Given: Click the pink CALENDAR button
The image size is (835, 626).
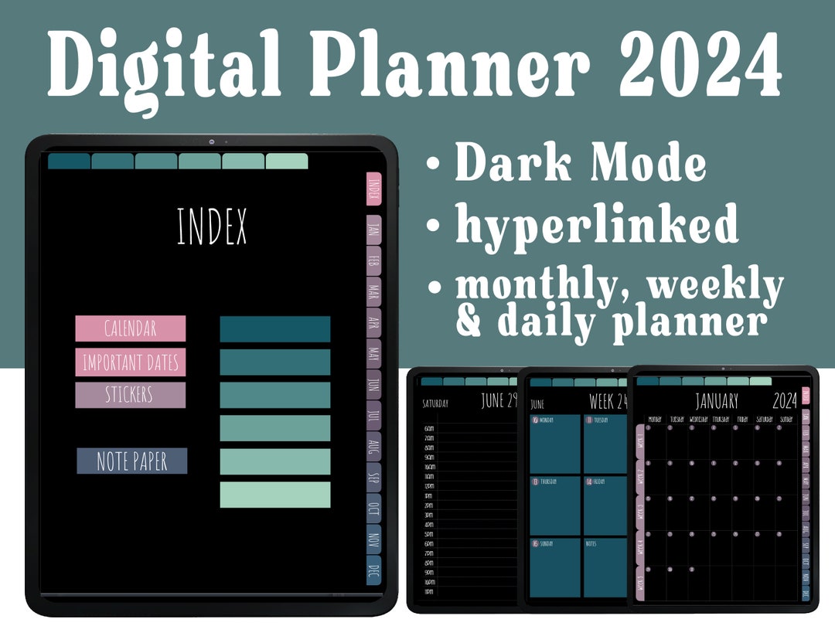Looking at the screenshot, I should [x=130, y=328].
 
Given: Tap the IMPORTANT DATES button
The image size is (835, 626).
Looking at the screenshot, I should [x=130, y=362].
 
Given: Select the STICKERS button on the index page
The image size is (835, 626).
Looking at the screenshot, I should [x=130, y=395].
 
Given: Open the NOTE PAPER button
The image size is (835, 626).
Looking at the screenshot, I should [x=131, y=461].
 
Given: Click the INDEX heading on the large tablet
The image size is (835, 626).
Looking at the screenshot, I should [x=212, y=226].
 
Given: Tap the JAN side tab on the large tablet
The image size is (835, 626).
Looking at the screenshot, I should [x=373, y=229].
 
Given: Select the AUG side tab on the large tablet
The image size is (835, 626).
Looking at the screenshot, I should [x=373, y=447].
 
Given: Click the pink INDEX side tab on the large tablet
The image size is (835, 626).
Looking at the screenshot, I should [x=373, y=189].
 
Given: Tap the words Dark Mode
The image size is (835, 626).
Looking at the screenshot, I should [x=580, y=164].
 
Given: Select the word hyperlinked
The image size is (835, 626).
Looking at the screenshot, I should [x=596, y=225].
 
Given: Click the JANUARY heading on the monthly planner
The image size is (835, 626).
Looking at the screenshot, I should [x=716, y=401].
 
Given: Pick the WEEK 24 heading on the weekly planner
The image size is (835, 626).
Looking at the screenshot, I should [x=608, y=402].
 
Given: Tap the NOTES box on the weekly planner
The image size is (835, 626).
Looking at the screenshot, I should [x=605, y=567].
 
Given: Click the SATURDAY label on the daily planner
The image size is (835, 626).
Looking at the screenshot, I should [x=435, y=403].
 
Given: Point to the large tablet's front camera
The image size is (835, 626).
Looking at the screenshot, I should [x=210, y=141].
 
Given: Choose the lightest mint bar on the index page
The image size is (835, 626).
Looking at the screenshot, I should [x=274, y=495].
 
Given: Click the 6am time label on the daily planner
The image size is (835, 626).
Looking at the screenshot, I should [x=429, y=428].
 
